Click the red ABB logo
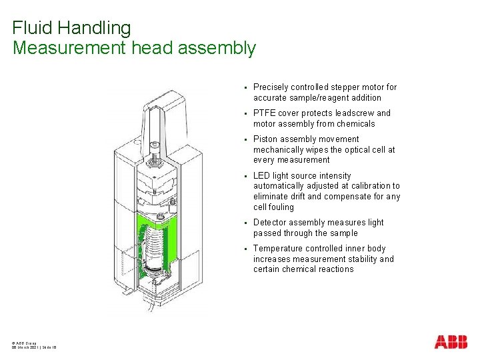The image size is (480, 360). (451, 342)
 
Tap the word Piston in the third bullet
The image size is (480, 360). (265, 139)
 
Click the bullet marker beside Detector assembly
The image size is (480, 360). (245, 223)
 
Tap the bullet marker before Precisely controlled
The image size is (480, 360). (245, 87)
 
